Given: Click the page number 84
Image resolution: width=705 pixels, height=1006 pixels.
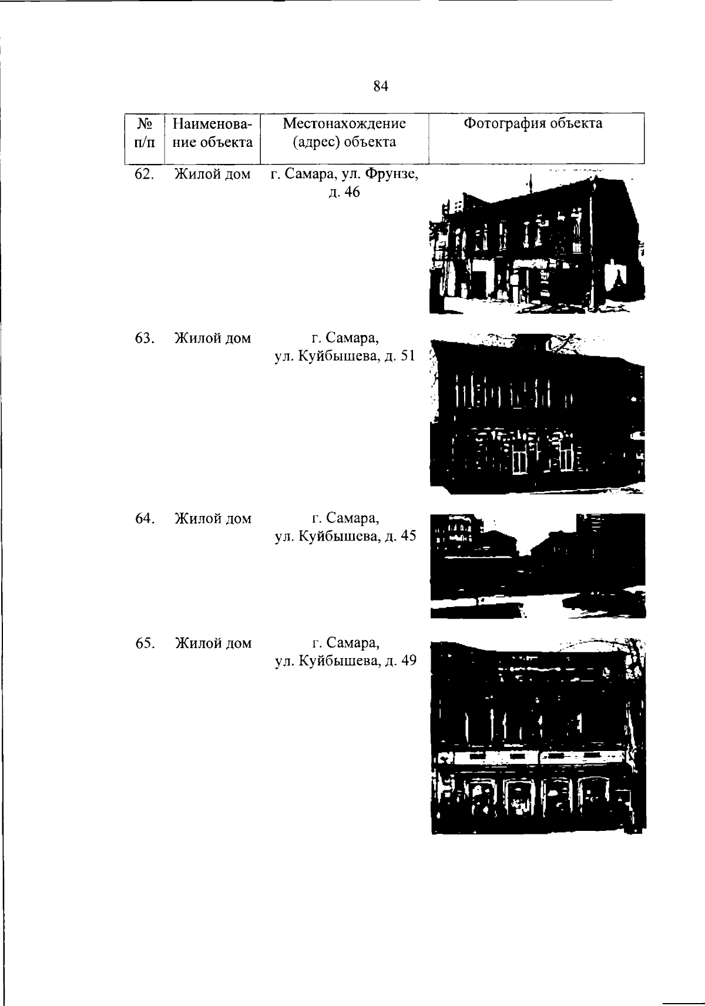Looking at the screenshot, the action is coord(380,86).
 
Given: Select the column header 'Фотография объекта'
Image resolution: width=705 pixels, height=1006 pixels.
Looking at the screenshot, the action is coord(532,123).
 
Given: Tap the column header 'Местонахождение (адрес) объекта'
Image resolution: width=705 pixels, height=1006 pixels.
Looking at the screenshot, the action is coord(344,132).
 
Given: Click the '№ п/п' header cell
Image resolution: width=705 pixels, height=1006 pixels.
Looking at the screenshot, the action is coord(145,132).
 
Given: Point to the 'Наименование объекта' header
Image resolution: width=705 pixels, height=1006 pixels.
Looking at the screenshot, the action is coord(213,132).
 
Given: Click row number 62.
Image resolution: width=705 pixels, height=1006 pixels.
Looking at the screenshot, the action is coord(144,174).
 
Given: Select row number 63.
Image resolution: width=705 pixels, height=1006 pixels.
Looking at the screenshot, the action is coord(145,338).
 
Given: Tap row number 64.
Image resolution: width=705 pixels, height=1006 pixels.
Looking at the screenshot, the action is coord(145,518).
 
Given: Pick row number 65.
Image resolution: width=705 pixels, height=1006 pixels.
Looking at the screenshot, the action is coord(145,643).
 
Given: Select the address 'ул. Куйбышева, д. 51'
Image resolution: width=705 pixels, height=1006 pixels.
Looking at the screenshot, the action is coord(345,356).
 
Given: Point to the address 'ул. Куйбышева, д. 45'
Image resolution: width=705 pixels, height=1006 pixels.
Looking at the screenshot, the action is coord(345,536).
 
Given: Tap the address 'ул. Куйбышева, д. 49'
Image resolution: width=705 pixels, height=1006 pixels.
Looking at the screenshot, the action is coord(346,660).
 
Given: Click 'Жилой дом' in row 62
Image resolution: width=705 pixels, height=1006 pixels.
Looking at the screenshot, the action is coord(213,174).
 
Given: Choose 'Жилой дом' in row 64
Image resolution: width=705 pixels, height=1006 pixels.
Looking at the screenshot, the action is coord(213,518).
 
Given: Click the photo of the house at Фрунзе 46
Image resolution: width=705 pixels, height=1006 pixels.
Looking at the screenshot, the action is coord(537,243).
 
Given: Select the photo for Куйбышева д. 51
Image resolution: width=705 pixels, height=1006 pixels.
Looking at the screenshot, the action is coord(538,414).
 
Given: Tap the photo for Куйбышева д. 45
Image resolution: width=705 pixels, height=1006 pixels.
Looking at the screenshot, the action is coord(538,566).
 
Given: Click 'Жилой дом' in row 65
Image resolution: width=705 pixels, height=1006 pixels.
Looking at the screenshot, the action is coord(213,643).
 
